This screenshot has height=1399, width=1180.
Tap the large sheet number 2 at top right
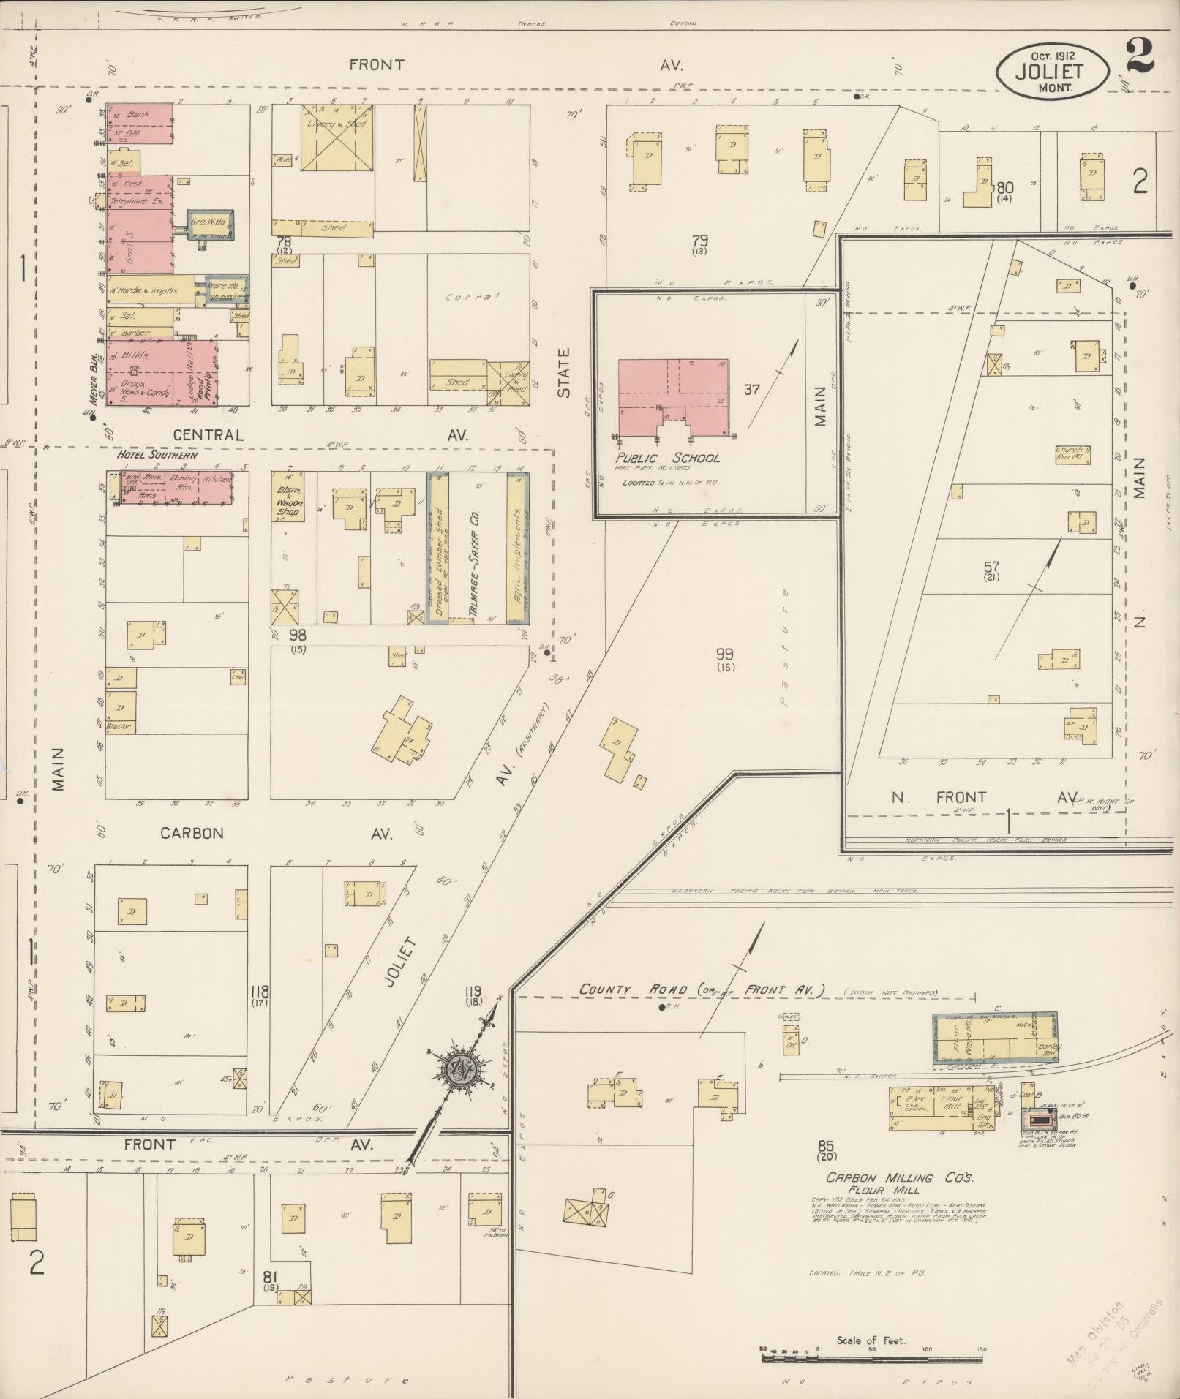coord(1140,56)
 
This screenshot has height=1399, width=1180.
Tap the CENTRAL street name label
coord(207,434)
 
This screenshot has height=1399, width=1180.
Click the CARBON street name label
coord(192,833)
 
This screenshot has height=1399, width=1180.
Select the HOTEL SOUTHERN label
coord(157,455)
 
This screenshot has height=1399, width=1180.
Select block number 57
coord(991,566)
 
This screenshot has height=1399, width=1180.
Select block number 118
coord(260,992)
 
